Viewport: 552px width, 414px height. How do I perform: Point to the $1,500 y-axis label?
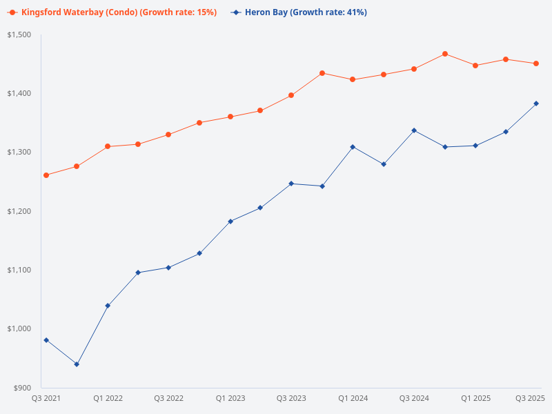20,34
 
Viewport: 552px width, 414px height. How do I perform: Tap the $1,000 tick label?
20,328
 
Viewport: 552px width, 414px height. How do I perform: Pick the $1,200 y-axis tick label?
20,211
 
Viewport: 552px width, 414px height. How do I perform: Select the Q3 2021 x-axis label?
46,398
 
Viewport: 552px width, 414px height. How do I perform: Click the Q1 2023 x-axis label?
230,398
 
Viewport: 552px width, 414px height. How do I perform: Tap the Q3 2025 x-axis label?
531,398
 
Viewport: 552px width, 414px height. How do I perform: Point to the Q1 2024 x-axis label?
353,398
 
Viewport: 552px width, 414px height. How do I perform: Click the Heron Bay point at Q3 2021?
46,340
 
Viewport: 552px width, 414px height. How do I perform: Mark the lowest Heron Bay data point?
77,364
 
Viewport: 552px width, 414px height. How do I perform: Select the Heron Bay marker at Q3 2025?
536,103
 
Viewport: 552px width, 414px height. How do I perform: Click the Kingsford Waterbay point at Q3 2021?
46,175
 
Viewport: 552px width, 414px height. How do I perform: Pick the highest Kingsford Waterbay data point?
445,54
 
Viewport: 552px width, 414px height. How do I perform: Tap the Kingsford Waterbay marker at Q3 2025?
536,63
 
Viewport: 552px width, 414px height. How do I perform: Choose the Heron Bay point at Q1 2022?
108,306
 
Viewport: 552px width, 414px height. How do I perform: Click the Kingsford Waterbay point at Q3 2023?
291,95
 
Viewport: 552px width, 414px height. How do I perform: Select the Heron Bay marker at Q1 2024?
353,147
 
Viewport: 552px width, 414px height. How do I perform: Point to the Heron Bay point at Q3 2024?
414,130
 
